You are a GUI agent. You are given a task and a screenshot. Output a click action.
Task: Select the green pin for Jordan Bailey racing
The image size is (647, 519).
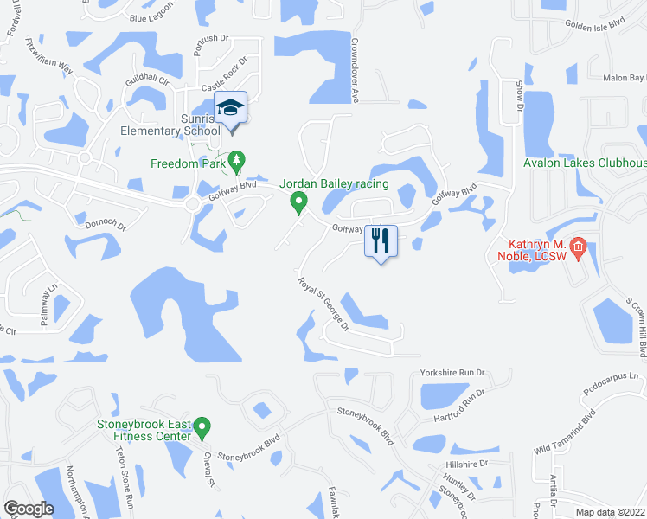click(298, 202)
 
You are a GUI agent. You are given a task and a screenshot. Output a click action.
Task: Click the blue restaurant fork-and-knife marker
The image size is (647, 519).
click(381, 240)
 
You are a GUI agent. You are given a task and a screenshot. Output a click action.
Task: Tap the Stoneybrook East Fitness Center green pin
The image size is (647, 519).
click(202, 426)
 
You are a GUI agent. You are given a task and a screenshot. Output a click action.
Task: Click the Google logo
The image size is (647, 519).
click(29, 509)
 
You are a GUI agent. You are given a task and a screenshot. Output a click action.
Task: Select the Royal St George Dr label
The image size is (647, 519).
click(323, 304)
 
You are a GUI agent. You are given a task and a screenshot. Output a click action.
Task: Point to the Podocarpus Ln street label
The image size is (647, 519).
click(615, 376)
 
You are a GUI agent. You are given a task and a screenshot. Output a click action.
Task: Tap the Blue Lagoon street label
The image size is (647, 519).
click(151, 17)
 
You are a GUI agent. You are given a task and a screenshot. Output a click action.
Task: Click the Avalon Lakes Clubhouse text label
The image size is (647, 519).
click(585, 163)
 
